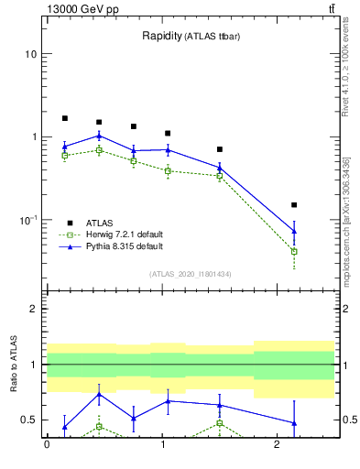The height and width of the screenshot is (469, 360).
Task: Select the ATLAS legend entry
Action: [x=100, y=223]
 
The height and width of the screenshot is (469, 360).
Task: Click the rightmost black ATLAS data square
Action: [x=294, y=205]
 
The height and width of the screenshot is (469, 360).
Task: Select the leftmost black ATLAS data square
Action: [x=64, y=118]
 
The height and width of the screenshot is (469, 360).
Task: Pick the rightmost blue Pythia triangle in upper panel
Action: [x=294, y=231]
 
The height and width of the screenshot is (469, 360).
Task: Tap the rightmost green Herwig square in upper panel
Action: [x=294, y=251]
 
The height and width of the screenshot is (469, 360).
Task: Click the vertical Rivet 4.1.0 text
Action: [x=346, y=69]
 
